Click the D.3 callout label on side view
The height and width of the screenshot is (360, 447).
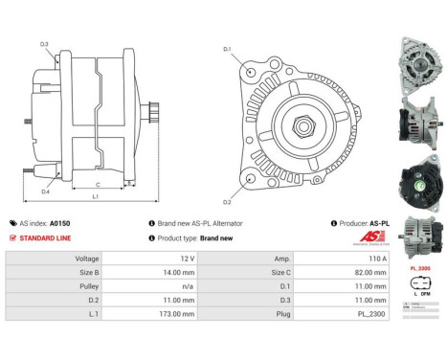coord(44,44)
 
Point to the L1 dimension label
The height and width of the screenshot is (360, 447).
coord(95,197)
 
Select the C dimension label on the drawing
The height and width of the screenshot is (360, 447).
coord(99,185)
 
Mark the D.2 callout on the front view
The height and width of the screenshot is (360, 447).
coord(227,202)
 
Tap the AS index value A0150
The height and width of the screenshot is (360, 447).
coord(59,222)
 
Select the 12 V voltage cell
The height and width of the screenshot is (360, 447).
coord(187,259)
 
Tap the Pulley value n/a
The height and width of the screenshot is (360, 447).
coord(187,285)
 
